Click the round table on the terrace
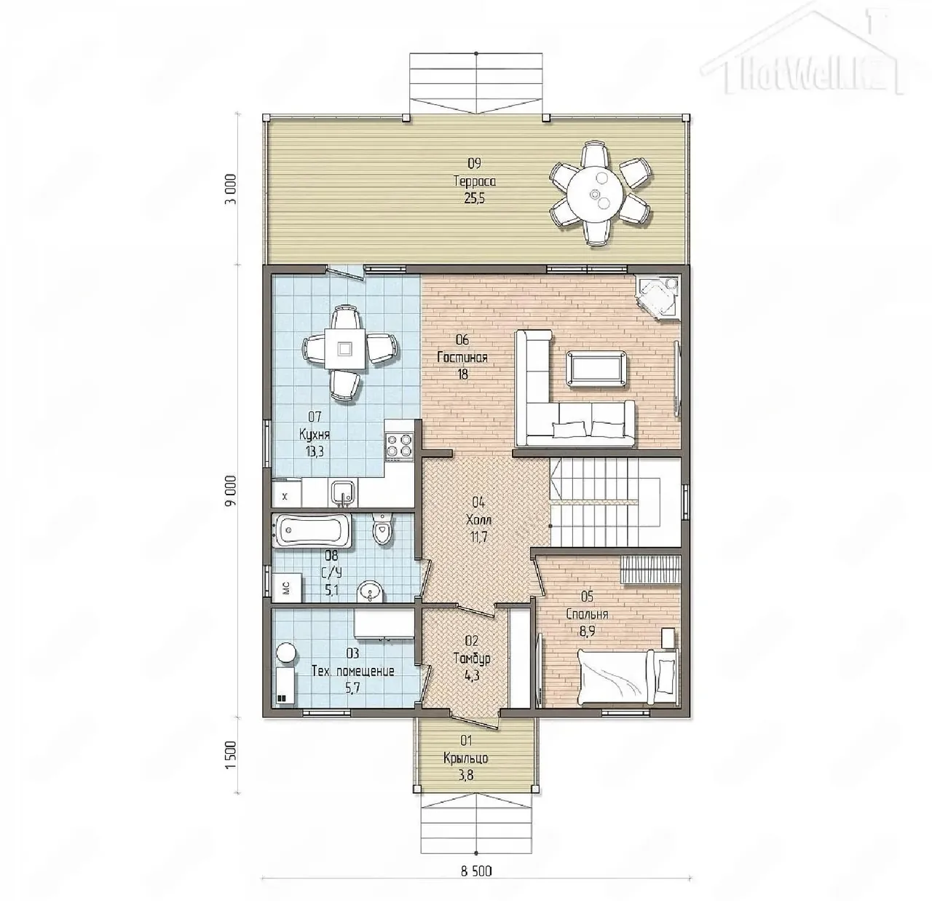tap(596, 194)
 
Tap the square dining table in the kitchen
tap(344, 348)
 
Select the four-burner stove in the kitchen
tap(399, 444)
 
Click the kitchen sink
tap(343, 493)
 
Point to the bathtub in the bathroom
tap(312, 530)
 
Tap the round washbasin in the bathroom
tap(371, 591)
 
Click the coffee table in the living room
tap(596, 368)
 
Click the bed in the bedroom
tap(628, 676)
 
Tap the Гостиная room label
tap(462, 358)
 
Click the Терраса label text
tap(474, 181)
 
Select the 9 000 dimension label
tap(232, 490)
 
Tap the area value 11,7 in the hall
tap(478, 537)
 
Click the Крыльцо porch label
tap(465, 758)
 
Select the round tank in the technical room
tap(286, 653)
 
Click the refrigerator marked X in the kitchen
tap(286, 495)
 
